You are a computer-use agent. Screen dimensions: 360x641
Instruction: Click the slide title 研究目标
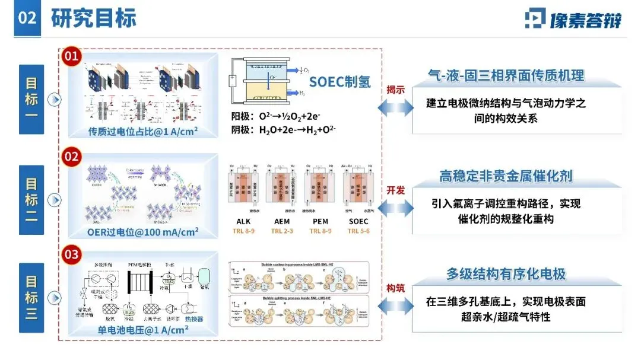[x=94, y=18]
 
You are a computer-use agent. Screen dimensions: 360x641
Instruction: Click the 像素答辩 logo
[x=573, y=19]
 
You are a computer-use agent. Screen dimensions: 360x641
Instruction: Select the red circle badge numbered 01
[x=71, y=57]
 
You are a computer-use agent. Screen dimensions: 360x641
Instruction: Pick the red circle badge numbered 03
[x=71, y=256]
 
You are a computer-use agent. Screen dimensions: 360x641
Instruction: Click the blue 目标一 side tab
[x=31, y=98]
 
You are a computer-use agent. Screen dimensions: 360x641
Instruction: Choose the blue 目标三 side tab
[x=31, y=297]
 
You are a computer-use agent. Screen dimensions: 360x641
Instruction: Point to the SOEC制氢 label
[x=339, y=82]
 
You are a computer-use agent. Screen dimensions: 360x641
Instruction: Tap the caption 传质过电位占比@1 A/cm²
[x=143, y=131]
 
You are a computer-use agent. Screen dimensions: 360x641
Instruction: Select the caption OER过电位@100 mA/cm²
[x=143, y=231]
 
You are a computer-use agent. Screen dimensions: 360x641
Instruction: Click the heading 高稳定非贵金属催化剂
[x=506, y=176]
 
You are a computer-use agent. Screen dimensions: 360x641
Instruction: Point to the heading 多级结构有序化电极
[x=506, y=274]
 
